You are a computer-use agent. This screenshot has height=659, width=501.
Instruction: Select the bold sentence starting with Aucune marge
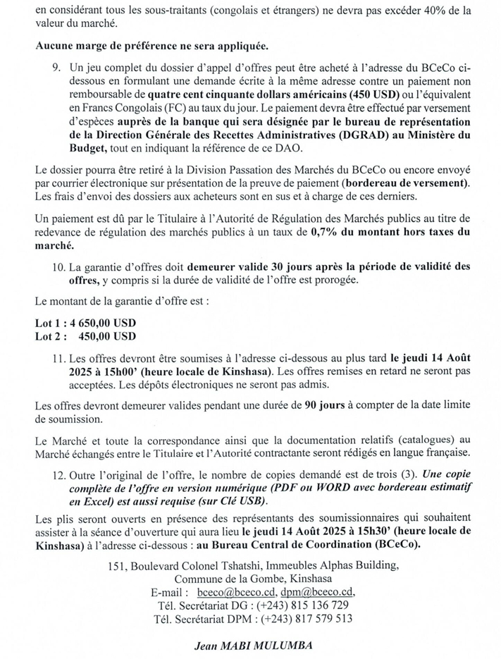pos(151,47)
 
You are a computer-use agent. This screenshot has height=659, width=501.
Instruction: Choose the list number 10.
pos(60,267)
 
